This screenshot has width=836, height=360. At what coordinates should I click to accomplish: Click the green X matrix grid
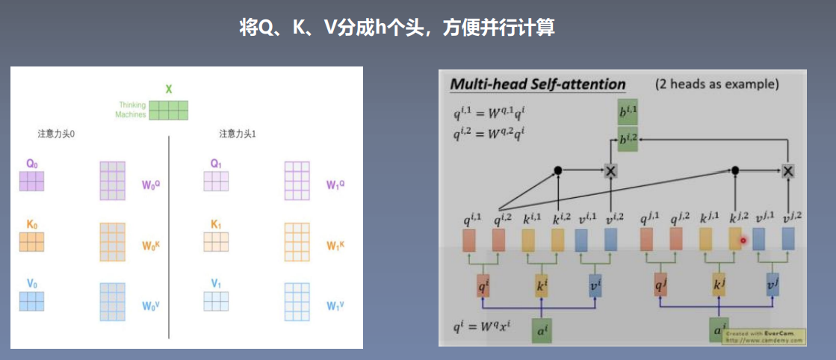pyautogui.click(x=169, y=110)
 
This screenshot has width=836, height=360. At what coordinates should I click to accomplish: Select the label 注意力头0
pyautogui.click(x=55, y=134)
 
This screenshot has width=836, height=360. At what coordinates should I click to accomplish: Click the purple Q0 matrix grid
pyautogui.click(x=32, y=181)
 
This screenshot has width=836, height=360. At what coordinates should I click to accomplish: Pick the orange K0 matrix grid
pyautogui.click(x=32, y=241)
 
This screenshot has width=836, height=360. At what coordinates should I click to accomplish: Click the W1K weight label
pyautogui.click(x=335, y=246)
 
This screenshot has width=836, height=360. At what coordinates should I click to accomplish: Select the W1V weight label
pyautogui.click(x=335, y=305)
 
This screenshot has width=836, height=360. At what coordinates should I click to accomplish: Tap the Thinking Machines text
pyautogui.click(x=131, y=110)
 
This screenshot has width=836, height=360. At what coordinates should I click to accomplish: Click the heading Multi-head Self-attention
pyautogui.click(x=537, y=84)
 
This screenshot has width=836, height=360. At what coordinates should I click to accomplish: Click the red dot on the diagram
pyautogui.click(x=743, y=240)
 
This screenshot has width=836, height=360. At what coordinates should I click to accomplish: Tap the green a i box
pyautogui.click(x=542, y=329)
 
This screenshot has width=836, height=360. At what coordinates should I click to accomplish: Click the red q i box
pyautogui.click(x=484, y=287)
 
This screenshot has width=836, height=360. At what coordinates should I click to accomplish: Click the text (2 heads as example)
pyautogui.click(x=716, y=84)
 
